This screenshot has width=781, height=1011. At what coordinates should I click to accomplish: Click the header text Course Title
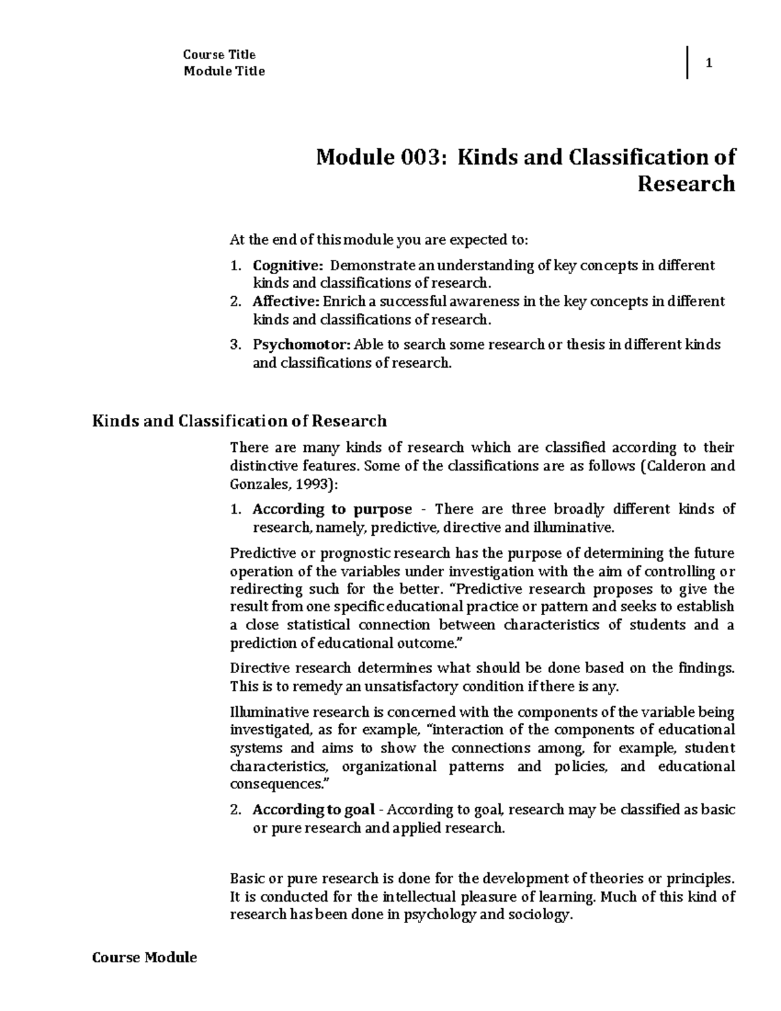click(219, 55)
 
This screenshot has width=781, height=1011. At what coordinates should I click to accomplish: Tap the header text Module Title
click(224, 72)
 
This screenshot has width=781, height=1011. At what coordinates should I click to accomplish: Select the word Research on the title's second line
click(686, 184)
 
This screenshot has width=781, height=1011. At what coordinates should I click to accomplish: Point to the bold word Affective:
click(286, 301)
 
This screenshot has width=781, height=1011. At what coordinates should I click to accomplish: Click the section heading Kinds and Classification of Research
click(240, 421)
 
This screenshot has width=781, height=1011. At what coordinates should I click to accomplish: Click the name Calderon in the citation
click(676, 466)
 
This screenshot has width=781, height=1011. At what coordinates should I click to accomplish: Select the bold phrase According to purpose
click(332, 509)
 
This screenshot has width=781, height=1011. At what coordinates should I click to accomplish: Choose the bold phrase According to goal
click(313, 810)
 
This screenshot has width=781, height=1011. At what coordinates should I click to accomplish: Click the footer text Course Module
click(144, 958)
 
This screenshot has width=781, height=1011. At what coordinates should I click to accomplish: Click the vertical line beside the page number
click(687, 64)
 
